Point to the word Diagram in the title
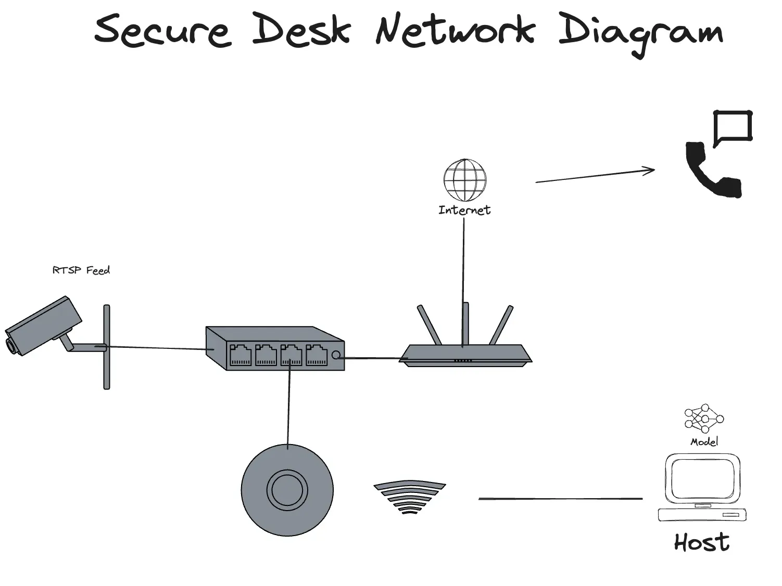point(641,34)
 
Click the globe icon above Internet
point(465,180)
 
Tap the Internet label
point(464,210)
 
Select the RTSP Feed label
point(81,270)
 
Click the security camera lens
point(11,345)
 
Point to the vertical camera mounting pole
point(107,347)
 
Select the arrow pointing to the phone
point(595,176)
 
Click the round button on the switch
point(336,355)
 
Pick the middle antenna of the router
point(465,324)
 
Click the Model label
point(704,442)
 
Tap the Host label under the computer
point(702,543)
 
